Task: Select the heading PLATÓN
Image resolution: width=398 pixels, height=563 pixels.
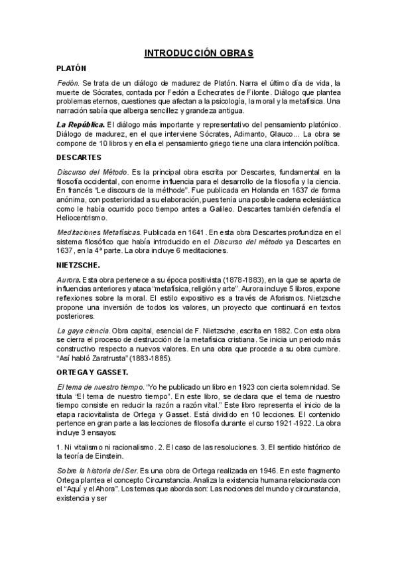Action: click(x=72, y=68)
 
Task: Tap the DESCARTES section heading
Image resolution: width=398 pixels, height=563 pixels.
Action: click(x=79, y=157)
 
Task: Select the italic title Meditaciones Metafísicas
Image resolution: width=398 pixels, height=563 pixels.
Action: click(x=99, y=232)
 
